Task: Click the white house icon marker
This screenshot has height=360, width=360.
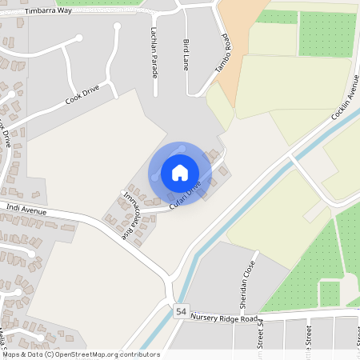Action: coord(180,173)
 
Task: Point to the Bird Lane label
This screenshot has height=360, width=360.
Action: coord(186,51)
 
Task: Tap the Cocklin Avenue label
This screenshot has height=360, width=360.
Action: coord(345,98)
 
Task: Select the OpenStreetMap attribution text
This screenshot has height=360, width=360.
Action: coord(80,354)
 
